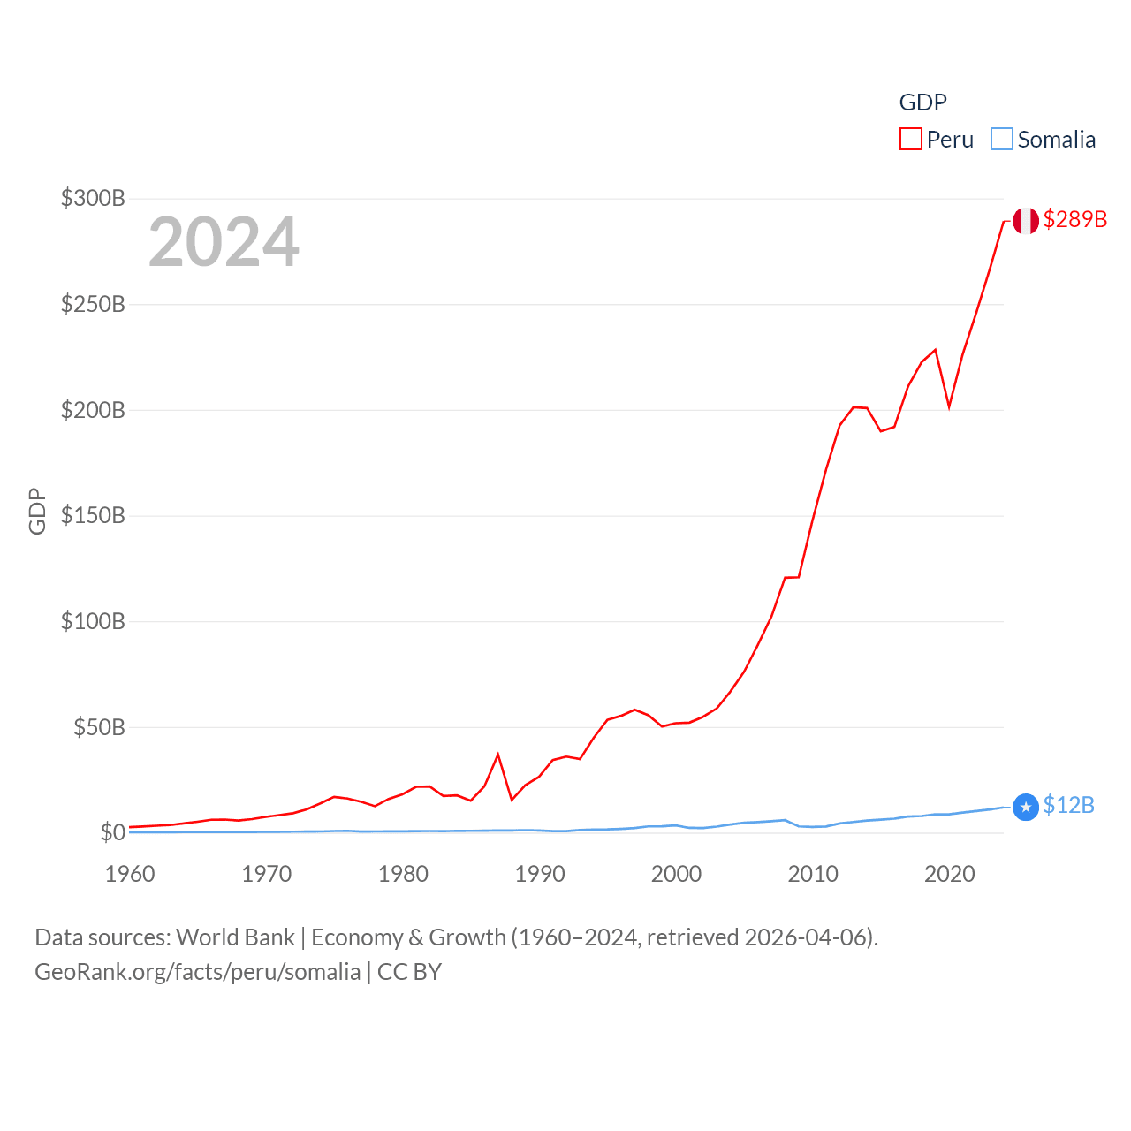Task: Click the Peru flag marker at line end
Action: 1025,221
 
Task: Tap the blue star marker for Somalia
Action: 1025,807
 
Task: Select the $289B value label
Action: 1074,219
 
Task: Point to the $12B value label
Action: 1068,805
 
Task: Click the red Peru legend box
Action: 910,140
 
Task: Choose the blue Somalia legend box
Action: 1001,140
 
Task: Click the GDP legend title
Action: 922,102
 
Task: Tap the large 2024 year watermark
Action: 224,242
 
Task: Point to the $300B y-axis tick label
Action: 93,198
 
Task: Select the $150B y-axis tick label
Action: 93,515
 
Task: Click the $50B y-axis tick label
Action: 99,727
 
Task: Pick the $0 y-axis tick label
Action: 112,832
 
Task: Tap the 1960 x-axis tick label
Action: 130,874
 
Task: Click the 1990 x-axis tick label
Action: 540,874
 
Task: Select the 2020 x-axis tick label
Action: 949,874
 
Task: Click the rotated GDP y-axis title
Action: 37,511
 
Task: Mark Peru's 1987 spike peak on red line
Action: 498,755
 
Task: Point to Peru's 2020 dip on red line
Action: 949,406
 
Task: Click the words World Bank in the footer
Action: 235,937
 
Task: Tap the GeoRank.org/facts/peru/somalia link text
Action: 197,972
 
